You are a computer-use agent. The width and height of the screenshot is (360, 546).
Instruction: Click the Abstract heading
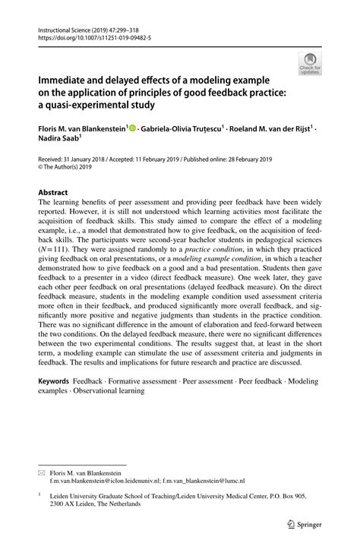[x=55, y=193]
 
